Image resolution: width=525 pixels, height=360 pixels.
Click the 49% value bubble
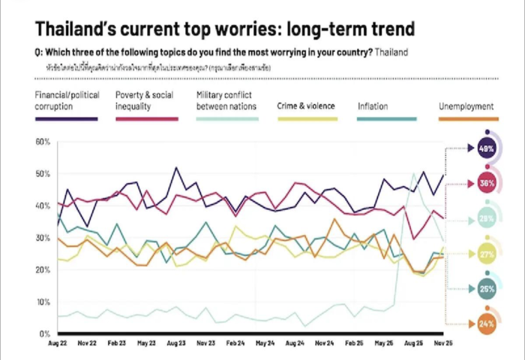pos(486,148)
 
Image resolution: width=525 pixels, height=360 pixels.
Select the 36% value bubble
pos(486,183)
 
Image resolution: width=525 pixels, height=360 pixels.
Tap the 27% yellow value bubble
pos(486,255)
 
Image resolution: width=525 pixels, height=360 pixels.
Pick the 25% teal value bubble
pos(486,289)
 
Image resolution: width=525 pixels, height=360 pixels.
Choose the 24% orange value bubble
pos(486,324)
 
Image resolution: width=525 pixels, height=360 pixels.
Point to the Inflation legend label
pos(373,106)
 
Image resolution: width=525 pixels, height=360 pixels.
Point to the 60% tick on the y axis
pos(43,141)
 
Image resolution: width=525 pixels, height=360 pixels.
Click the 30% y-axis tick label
pos(43,238)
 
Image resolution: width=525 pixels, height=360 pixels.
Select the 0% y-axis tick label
pos(45,334)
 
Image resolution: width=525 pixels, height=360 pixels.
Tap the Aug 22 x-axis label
pos(59,343)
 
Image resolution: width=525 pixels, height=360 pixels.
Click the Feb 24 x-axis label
pos(235,343)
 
